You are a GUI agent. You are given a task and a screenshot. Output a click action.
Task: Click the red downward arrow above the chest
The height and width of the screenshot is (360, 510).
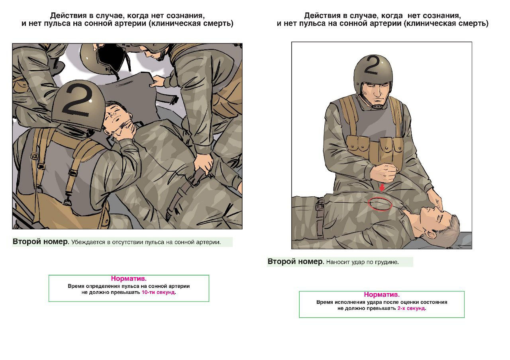tap(382, 188)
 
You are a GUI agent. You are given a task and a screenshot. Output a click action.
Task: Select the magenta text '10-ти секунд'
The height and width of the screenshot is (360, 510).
tap(158, 292)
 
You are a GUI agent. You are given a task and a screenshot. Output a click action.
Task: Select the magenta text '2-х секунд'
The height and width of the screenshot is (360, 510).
tap(411, 308)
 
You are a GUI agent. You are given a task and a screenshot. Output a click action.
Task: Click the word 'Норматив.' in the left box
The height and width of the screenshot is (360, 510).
tap(129, 278)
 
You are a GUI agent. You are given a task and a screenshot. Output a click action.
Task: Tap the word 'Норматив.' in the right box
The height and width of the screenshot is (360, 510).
tap(382, 294)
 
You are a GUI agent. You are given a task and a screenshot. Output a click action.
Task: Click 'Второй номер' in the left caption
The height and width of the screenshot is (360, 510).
tap(40, 241)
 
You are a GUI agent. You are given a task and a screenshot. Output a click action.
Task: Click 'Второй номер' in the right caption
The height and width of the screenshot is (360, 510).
tap(295, 261)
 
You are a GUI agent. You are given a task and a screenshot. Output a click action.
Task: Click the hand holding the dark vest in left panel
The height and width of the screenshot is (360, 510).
tap(157, 81)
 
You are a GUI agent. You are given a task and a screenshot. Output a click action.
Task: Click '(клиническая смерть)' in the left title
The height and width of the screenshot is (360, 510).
tap(191, 23)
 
